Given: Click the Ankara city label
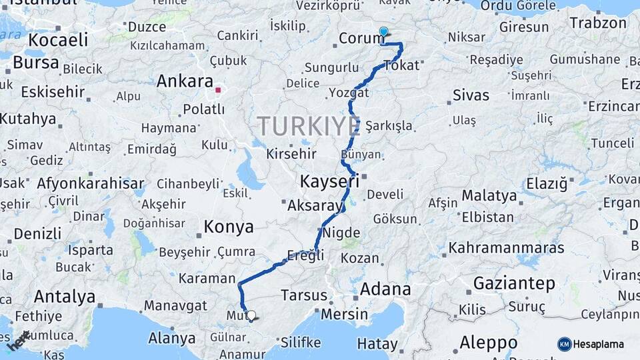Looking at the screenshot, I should (x=185, y=81).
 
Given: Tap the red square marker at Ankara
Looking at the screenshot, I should (x=218, y=89).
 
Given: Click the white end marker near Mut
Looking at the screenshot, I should (x=251, y=315).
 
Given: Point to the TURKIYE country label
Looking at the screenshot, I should (x=308, y=126).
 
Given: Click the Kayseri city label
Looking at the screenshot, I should (x=329, y=181).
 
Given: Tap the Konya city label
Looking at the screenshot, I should (x=229, y=227).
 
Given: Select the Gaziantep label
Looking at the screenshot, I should (x=514, y=283).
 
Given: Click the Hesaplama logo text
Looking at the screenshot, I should (x=598, y=344).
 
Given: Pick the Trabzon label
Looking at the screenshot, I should (x=598, y=23).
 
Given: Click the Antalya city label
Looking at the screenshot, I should (x=65, y=296).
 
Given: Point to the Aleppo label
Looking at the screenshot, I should (x=488, y=343).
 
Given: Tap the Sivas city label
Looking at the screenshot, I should (x=471, y=95).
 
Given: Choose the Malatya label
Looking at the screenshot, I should (x=489, y=195).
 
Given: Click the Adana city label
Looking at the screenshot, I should (x=385, y=289).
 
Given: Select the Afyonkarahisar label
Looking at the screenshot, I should (x=91, y=183).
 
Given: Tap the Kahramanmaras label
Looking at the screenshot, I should (x=506, y=248).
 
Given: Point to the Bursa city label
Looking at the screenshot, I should (x=36, y=63).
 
